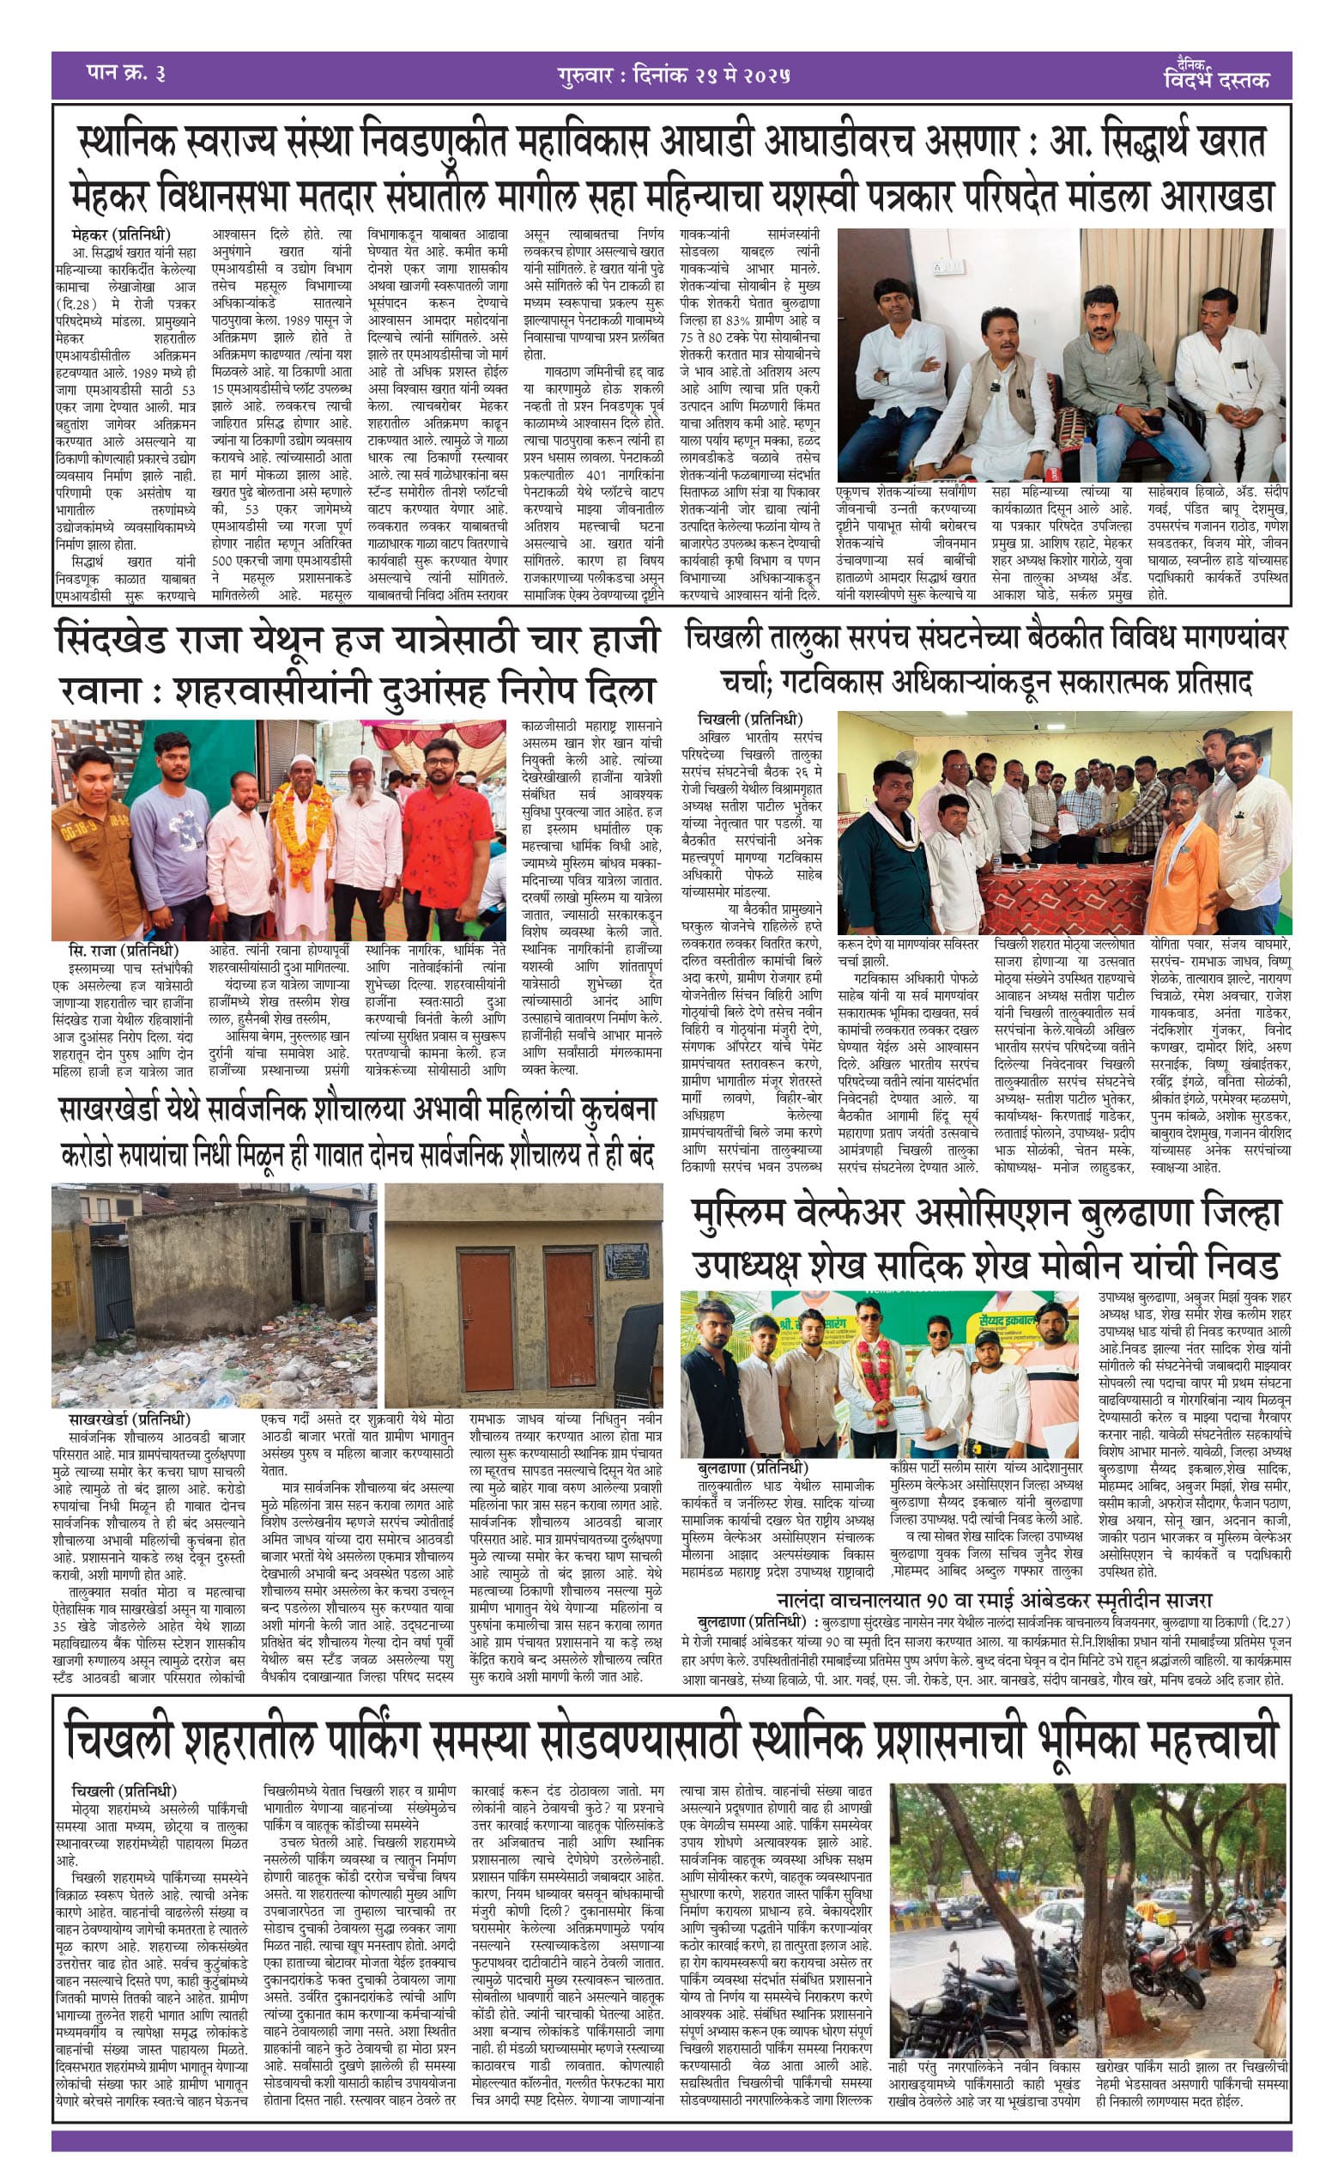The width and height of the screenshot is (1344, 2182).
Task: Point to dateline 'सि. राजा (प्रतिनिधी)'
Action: (124, 950)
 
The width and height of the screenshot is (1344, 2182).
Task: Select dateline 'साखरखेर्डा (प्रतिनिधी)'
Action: (130, 1420)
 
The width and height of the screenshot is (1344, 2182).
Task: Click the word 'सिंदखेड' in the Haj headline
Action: (124, 641)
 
